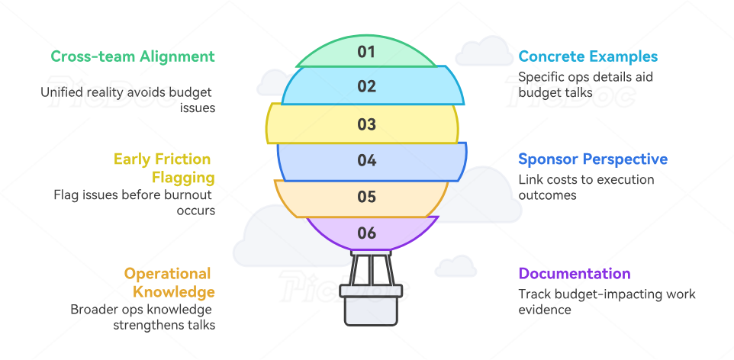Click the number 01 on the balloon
367,52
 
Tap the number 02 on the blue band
367,86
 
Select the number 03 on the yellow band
367,124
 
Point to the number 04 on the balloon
367,160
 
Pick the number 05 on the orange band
367,197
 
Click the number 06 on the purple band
367,233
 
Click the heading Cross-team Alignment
133,56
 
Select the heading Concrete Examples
588,56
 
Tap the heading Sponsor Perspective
593,159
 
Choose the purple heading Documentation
575,274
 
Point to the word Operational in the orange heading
168,274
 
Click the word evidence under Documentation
545,310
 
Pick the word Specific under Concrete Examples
540,77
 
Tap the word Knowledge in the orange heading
174,292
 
